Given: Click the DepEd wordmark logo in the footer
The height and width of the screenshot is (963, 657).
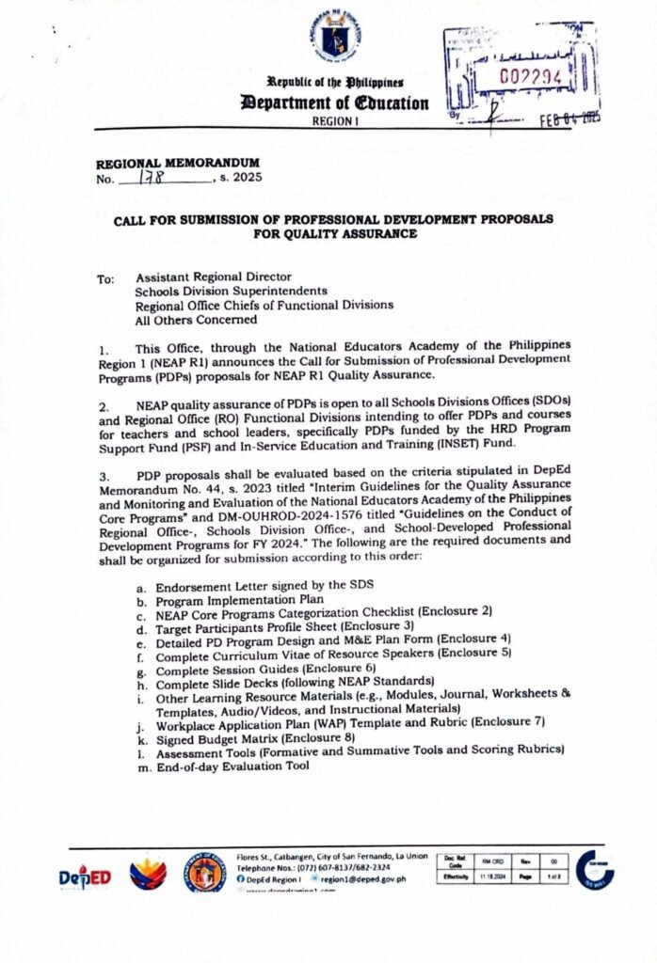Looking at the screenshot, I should coord(86,876).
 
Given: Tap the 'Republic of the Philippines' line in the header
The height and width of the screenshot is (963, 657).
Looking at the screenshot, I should coord(336,84).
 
